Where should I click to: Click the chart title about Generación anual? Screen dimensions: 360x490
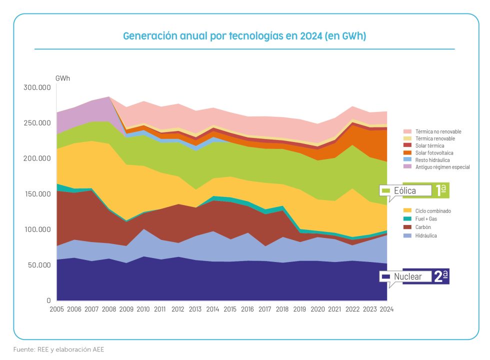click(245, 36)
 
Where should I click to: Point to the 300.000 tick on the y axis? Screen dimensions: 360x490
click(37, 87)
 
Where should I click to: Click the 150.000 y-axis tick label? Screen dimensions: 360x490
click(37, 194)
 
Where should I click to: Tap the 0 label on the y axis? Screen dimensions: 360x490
click(48, 300)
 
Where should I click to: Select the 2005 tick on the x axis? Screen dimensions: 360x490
click(56, 309)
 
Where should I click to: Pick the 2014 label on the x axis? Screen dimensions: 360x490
click(213, 309)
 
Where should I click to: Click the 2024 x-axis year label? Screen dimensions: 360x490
click(386, 309)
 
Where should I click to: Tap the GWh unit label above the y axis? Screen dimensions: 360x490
click(63, 78)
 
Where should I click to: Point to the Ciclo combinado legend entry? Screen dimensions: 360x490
click(432, 211)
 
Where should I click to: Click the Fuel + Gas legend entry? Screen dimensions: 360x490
click(426, 219)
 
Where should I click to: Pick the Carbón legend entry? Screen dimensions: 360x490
click(423, 227)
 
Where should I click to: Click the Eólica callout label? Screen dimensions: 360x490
click(404, 190)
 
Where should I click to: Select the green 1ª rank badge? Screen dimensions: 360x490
click(441, 190)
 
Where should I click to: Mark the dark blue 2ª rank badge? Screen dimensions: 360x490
click(441, 276)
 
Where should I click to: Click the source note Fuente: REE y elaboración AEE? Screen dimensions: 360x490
click(58, 349)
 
